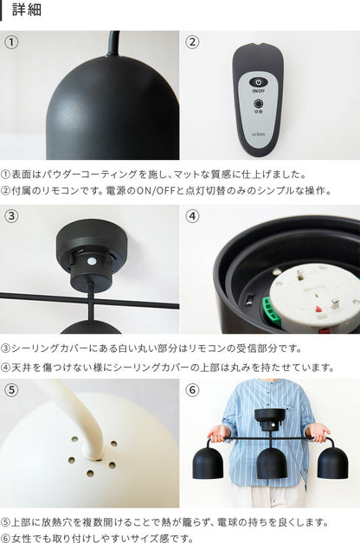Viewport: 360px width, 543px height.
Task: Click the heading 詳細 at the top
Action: pyautogui.click(x=27, y=10)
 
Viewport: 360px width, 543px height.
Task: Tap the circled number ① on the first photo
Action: pyautogui.click(x=11, y=42)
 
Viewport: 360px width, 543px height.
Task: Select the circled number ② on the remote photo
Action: pyautogui.click(x=192, y=42)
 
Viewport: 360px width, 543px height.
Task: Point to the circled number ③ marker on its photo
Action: pyautogui.click(x=11, y=216)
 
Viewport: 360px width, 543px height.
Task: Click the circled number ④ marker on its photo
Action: pyautogui.click(x=192, y=216)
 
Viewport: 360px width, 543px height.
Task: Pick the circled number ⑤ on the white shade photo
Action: pyautogui.click(x=11, y=390)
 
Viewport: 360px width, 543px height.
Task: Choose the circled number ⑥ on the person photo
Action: pyautogui.click(x=192, y=390)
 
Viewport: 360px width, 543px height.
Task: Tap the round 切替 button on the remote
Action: pyautogui.click(x=258, y=104)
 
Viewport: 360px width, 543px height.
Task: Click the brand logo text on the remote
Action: pyautogui.click(x=258, y=134)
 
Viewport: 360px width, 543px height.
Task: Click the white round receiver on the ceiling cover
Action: pyautogui.click(x=92, y=261)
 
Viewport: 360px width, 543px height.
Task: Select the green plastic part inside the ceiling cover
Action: pyautogui.click(x=272, y=311)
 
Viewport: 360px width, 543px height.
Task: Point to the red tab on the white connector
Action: pyautogui.click(x=318, y=309)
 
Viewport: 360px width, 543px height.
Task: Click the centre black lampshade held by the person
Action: pyautogui.click(x=272, y=463)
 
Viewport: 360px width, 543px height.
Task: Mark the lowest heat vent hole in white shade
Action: pyautogui.click(x=90, y=473)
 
